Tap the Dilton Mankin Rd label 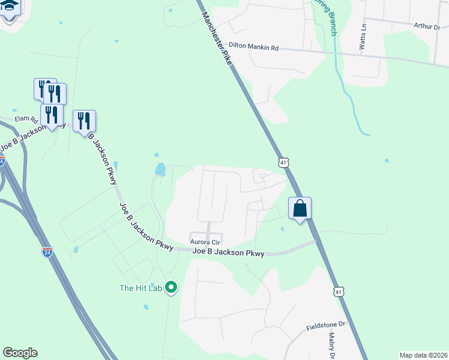(254, 46)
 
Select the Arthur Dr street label (427, 26)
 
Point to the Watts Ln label (363, 37)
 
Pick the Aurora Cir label (206, 242)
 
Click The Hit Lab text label (141, 288)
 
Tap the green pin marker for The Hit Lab (171, 288)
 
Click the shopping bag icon (300, 208)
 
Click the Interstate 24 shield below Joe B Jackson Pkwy (47, 251)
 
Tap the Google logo (20, 353)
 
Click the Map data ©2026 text (423, 355)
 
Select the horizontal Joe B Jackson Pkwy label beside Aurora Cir (228, 253)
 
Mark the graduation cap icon (10, 8)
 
